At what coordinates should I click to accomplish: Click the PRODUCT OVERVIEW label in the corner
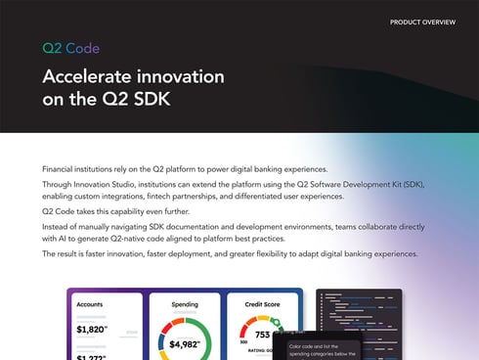[x=422, y=22]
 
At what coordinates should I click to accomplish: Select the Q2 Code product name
[x=70, y=48]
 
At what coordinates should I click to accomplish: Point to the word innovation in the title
[x=181, y=76]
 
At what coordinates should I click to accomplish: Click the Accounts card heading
[x=90, y=304]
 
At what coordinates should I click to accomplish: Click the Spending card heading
[x=184, y=304]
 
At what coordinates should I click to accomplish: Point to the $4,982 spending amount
[x=184, y=343]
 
